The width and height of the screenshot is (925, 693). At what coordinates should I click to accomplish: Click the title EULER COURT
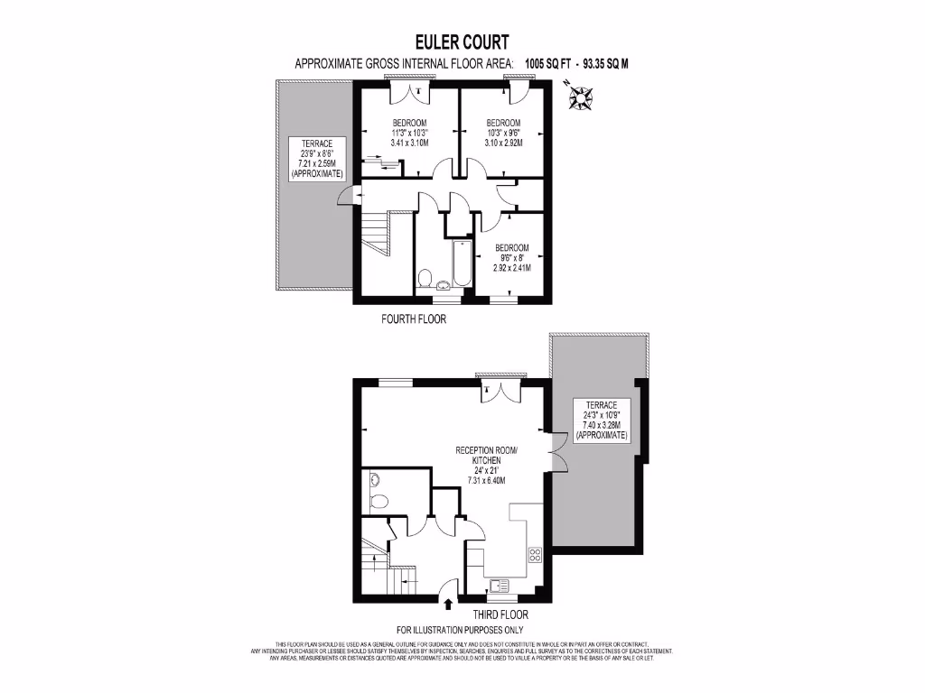[x=462, y=42]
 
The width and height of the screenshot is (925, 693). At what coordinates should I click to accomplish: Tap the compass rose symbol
[x=580, y=96]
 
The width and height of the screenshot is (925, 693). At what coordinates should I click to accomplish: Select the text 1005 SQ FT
[x=551, y=64]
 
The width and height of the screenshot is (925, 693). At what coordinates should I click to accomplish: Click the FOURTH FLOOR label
[x=414, y=319]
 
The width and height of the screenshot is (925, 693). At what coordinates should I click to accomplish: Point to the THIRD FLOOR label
[x=493, y=614]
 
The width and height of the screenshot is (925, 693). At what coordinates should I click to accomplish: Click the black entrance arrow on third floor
[x=449, y=593]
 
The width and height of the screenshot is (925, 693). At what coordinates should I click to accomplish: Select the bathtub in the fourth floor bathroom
[x=460, y=263]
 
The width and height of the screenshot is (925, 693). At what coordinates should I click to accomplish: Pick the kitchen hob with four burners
[x=535, y=555]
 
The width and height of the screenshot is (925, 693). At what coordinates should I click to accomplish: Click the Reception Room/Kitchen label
[x=486, y=465]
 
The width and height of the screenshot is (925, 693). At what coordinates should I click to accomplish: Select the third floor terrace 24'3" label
[x=601, y=420]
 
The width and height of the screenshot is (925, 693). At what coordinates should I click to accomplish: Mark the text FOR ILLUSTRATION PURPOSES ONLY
[x=460, y=630]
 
